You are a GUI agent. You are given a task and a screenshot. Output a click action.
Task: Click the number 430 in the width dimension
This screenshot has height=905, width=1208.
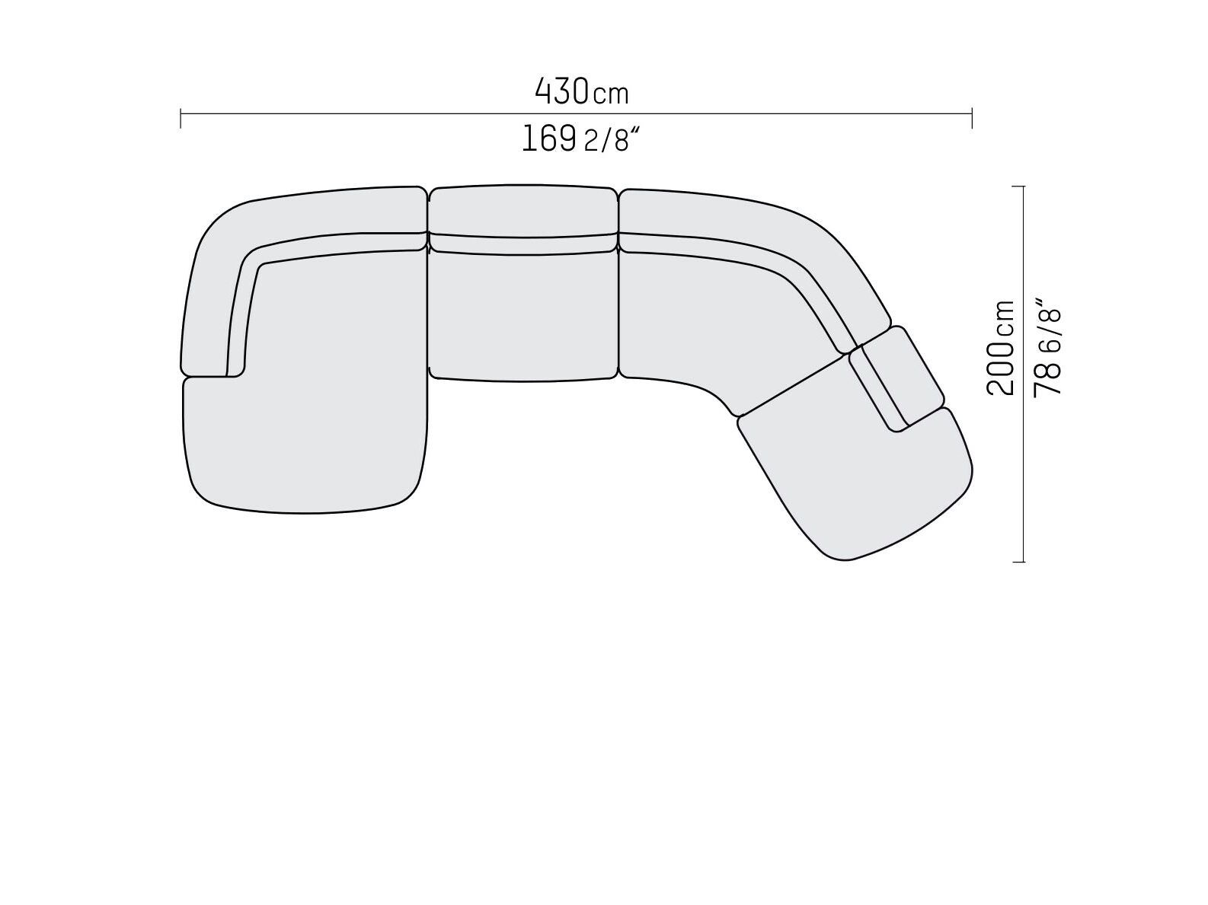561,91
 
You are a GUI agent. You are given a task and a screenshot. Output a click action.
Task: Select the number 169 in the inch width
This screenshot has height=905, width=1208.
548,139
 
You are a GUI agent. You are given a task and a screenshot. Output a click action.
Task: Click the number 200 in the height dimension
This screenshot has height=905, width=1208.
1001,369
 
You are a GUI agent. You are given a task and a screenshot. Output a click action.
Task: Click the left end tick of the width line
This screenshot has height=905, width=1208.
181,119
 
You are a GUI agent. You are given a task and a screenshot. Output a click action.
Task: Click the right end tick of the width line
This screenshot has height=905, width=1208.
972,119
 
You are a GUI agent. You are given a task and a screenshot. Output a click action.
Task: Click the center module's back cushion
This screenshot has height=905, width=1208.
523,210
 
